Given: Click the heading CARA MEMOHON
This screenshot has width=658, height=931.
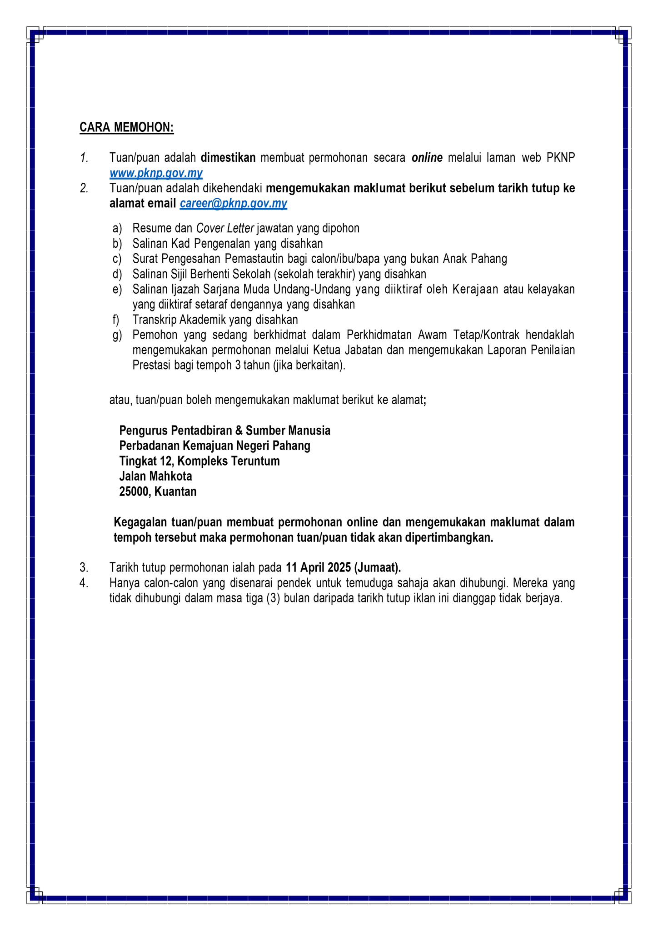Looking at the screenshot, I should pyautogui.click(x=126, y=127).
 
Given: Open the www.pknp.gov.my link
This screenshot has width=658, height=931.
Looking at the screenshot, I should pyautogui.click(x=156, y=173).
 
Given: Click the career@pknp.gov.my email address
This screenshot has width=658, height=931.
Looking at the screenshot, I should pyautogui.click(x=233, y=204).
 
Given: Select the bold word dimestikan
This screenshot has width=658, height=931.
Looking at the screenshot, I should pyautogui.click(x=228, y=158).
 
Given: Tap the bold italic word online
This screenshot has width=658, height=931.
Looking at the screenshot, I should pyautogui.click(x=427, y=158).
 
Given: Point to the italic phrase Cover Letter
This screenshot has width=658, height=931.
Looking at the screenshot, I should pyautogui.click(x=224, y=228).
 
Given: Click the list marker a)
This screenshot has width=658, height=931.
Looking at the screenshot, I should pyautogui.click(x=117, y=228).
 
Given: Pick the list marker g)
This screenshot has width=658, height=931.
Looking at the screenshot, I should pyautogui.click(x=117, y=335).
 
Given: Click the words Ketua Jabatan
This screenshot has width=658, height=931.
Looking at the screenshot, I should pyautogui.click(x=348, y=350).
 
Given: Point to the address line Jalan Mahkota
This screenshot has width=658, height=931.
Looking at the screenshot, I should pyautogui.click(x=155, y=476).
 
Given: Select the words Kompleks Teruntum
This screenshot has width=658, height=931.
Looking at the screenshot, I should pyautogui.click(x=228, y=461).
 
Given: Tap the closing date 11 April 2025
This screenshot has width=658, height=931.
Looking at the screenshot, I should pyautogui.click(x=318, y=568).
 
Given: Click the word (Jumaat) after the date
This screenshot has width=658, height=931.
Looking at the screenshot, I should pyautogui.click(x=377, y=568).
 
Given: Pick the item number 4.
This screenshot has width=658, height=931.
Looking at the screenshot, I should pyautogui.click(x=84, y=583).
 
